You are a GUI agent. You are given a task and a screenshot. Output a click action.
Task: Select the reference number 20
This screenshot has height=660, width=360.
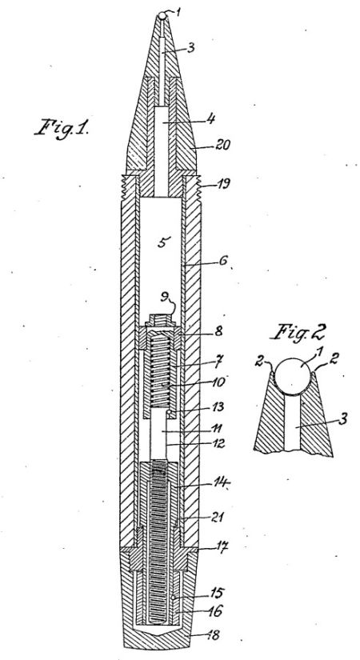[222, 146]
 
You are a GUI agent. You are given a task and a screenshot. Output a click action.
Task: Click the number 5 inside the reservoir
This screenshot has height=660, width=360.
[164, 242]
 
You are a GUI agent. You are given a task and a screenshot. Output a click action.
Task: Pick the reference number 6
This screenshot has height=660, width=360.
[222, 261]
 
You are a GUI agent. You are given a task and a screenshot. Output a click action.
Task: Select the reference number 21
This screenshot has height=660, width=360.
[218, 517]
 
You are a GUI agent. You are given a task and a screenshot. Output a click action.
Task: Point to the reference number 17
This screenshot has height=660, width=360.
[222, 547]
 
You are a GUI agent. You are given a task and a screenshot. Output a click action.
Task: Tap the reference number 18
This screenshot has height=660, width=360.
[213, 634]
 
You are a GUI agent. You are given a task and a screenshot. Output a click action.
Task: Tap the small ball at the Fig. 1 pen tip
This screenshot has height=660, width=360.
[162, 16]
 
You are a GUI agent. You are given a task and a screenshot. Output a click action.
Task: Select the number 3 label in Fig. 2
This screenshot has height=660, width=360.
[343, 419]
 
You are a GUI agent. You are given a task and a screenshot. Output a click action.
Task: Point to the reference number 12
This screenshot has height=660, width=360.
[218, 443]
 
